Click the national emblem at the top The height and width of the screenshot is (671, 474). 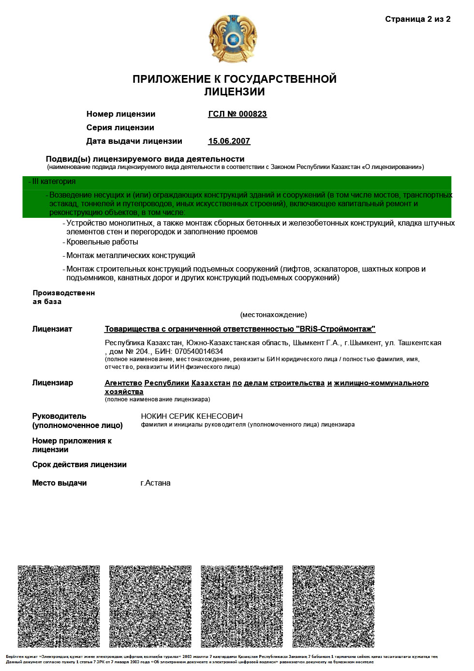[233, 39]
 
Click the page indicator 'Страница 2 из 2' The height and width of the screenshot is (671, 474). [417, 19]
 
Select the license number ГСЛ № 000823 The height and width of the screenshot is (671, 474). [237, 114]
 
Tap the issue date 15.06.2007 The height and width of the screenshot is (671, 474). [229, 141]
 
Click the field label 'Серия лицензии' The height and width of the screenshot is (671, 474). [120, 128]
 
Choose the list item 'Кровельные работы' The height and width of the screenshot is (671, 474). [102, 242]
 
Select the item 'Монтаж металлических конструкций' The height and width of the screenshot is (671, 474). [131, 256]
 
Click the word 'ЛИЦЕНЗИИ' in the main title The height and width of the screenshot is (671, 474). [234, 92]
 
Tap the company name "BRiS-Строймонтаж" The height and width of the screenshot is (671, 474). [335, 329]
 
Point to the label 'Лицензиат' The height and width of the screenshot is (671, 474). [52, 329]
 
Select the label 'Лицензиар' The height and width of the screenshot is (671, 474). [52, 383]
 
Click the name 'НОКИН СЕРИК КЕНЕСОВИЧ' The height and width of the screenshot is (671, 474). [192, 416]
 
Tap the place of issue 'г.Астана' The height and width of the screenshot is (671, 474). [155, 483]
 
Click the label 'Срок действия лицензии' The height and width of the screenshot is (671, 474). [79, 465]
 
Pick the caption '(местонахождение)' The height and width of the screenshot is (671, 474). [273, 315]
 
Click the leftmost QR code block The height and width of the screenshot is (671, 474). [59, 606]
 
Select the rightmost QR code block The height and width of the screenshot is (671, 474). [333, 606]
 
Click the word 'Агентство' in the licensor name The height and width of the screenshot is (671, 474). [123, 383]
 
